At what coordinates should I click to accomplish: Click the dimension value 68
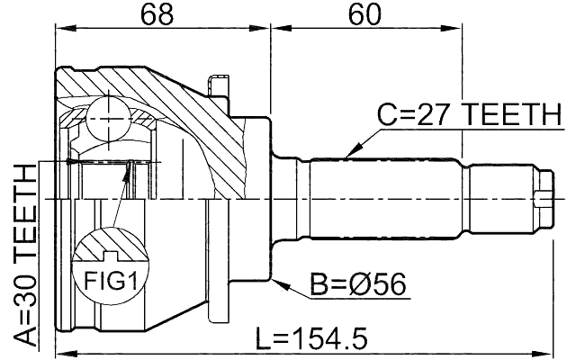click(161, 14)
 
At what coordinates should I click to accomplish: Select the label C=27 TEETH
click(468, 115)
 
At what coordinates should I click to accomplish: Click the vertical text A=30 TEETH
click(27, 257)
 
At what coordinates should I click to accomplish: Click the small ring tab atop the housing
click(217, 85)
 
